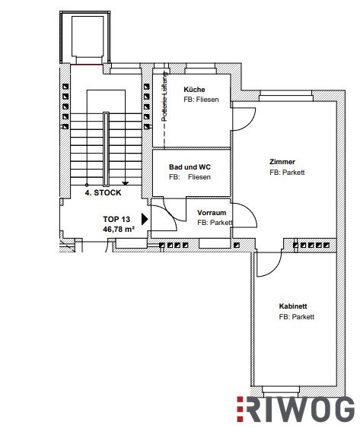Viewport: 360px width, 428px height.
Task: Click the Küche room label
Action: [x=194, y=90]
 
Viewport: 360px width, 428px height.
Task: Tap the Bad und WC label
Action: [x=190, y=166]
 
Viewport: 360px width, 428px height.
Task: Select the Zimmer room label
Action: [x=282, y=162]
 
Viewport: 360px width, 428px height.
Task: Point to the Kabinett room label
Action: [x=293, y=306]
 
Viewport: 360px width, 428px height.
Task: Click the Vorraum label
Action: [x=212, y=213]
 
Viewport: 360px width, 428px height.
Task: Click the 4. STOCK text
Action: [x=103, y=192]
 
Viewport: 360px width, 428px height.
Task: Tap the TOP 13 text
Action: [x=116, y=219]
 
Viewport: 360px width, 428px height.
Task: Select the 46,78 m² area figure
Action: [x=119, y=229]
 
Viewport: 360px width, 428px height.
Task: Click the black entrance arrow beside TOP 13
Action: [x=145, y=219]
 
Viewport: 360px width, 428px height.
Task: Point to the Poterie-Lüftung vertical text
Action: [x=164, y=97]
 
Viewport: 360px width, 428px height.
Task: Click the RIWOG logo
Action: [x=296, y=410]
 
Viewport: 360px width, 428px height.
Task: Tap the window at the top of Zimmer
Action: [x=285, y=96]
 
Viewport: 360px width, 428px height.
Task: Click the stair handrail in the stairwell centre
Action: [x=106, y=149]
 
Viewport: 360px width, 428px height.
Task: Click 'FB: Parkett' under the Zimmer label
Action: [x=287, y=173]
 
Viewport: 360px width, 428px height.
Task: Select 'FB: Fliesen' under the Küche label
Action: [x=201, y=100]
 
